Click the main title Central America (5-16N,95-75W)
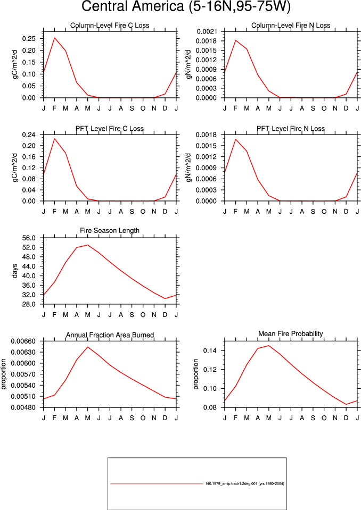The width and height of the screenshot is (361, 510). tap(185, 6)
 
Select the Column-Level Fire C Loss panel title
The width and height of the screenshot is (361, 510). tap(110, 26)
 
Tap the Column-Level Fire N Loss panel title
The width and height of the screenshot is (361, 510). tap(291, 26)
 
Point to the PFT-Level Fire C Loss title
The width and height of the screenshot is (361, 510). tap(110, 129)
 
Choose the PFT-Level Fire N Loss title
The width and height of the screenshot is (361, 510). tap(291, 129)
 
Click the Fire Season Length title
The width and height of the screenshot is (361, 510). tap(110, 230)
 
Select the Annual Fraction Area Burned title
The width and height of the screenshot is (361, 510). tap(110, 335)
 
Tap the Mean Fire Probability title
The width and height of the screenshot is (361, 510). tap(291, 334)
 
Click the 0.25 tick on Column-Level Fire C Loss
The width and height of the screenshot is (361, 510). tap(29, 38)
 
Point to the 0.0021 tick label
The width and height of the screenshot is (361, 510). tap(207, 31)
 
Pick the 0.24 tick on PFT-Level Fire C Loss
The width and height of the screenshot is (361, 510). tap(29, 135)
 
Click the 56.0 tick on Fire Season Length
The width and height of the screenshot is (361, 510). tap(29, 238)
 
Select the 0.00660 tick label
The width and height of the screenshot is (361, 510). tap(23, 341)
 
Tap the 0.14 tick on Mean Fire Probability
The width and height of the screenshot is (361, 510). tap(210, 350)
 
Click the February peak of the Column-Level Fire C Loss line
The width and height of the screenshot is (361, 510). tap(55, 38)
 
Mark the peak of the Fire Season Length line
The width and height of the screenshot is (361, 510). tap(87, 245)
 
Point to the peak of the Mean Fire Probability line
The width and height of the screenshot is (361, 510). tap(268, 346)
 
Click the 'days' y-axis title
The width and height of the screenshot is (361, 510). tap(15, 271)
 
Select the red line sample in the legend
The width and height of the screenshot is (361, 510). tap(157, 484)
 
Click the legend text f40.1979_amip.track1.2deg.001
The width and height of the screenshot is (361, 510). tap(232, 483)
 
